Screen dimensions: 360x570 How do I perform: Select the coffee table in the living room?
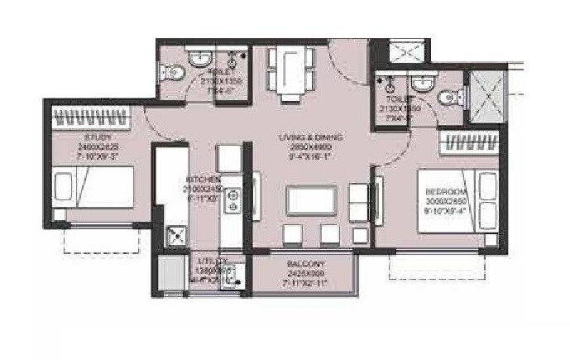click(309, 199)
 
